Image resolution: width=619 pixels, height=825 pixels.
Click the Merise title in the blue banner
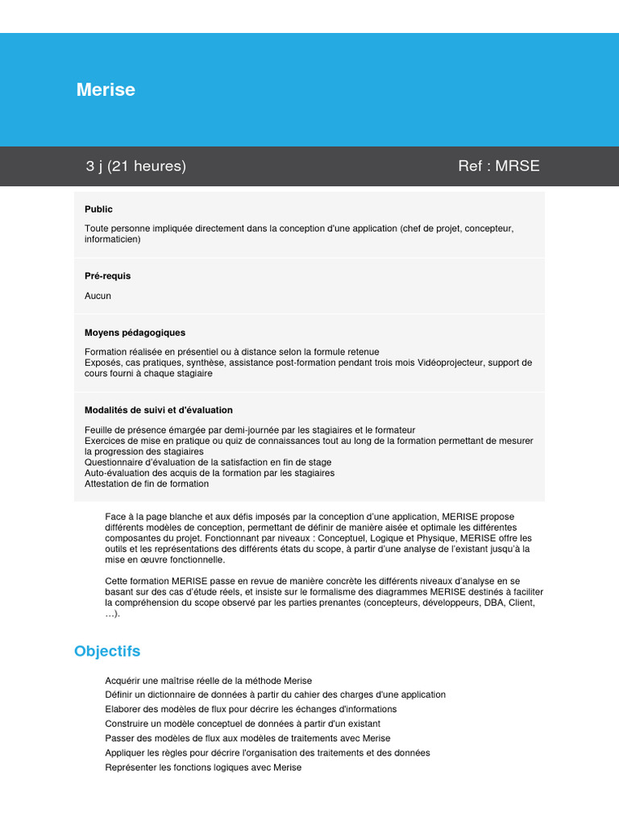(106, 89)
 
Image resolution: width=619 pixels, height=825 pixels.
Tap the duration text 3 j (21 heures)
(135, 166)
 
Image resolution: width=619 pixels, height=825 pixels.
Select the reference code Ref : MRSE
(498, 166)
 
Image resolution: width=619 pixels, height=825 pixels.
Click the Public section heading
(98, 209)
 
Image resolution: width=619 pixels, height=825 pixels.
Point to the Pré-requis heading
(107, 276)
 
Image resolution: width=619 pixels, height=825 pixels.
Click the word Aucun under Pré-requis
(98, 296)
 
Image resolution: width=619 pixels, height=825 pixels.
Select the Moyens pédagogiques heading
(135, 332)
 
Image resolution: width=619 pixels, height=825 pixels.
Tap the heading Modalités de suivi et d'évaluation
(158, 410)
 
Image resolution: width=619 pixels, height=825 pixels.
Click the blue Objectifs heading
(107, 651)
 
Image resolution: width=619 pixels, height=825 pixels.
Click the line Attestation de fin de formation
(147, 484)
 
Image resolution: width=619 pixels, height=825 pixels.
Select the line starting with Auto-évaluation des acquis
(209, 473)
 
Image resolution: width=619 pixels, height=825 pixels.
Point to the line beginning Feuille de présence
(250, 430)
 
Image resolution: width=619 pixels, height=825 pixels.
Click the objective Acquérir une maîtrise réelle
(208, 681)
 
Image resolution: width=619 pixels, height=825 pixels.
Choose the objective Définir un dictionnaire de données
(275, 694)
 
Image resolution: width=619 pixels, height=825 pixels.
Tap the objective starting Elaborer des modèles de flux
(251, 709)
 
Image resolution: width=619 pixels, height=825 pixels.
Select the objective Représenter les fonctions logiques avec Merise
(203, 767)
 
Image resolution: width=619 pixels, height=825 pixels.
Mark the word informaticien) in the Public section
(113, 239)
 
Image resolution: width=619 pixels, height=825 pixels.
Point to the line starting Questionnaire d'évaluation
(208, 462)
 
